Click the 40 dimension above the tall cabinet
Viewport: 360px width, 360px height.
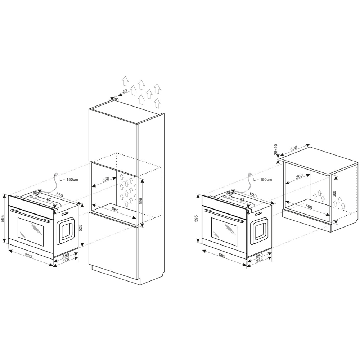coord(125,91)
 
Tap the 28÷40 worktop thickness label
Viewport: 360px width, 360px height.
coord(276,150)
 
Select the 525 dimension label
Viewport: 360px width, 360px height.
coord(81,228)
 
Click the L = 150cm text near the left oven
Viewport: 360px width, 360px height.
coord(69,179)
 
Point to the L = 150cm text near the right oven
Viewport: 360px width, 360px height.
coord(263,179)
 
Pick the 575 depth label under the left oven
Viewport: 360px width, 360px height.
coord(66,260)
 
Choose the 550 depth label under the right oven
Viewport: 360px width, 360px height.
coord(260,255)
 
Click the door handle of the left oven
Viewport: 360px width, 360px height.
coord(30,216)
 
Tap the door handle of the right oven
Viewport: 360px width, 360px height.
coord(224,216)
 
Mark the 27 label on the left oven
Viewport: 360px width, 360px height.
coord(49,200)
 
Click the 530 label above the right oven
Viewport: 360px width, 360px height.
coord(253,195)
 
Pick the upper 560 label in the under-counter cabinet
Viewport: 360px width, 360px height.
coord(299,176)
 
